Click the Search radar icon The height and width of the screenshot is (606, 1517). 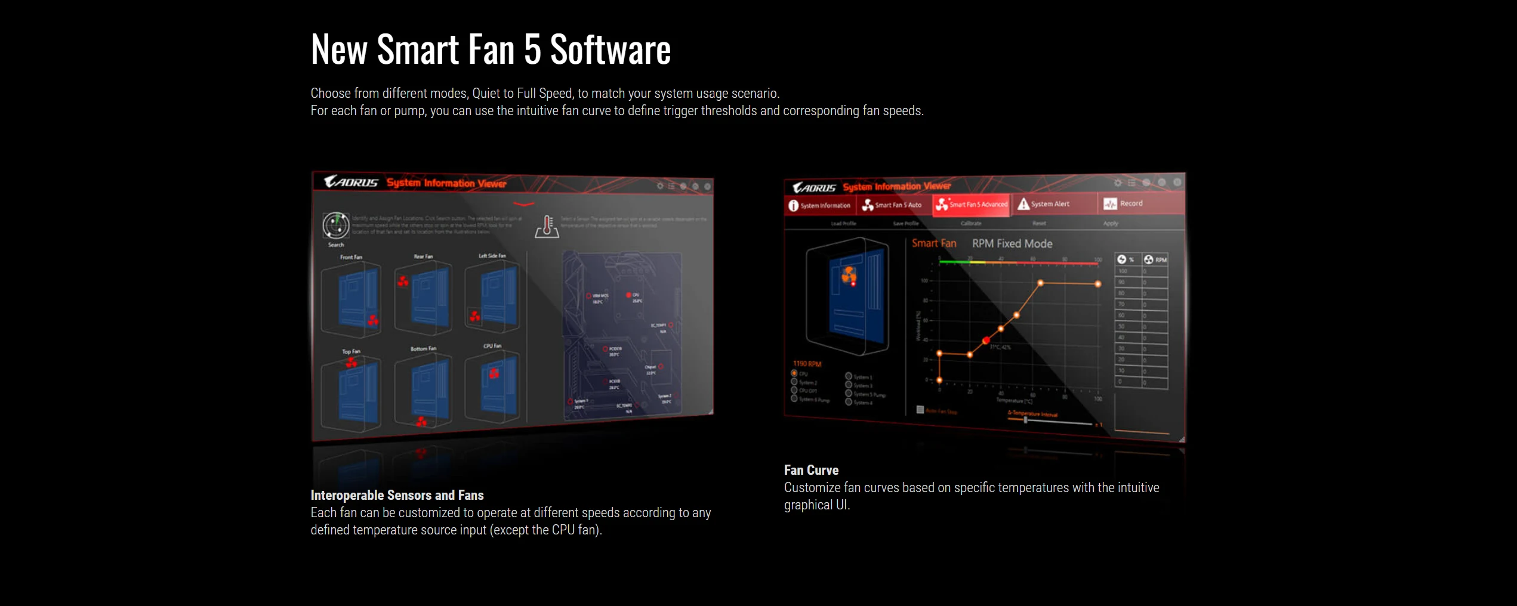336,225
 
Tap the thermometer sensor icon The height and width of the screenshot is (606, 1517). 547,227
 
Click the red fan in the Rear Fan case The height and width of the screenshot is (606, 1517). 403,281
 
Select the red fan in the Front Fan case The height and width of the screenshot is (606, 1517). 373,320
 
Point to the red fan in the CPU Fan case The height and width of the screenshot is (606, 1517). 494,373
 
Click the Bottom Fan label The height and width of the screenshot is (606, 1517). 423,348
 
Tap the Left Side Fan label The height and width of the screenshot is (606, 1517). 492,256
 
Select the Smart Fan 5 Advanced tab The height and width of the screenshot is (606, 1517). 971,205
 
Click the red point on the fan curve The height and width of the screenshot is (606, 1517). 986,341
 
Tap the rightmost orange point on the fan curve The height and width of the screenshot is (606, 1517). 1097,284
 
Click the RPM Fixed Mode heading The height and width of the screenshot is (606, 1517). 1012,243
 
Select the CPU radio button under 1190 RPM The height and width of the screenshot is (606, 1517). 794,373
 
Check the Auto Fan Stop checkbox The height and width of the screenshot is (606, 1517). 920,410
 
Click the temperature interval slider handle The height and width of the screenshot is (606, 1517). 1025,420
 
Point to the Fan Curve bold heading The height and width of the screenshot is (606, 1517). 811,470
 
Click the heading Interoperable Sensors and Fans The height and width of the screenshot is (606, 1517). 397,495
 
